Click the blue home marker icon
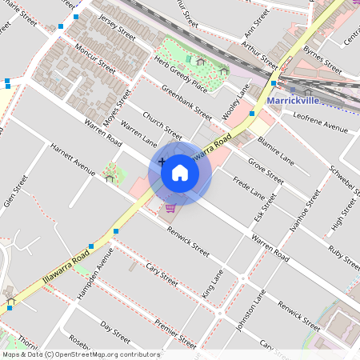click(179, 172)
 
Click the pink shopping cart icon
click(170, 208)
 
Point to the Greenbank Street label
click(186, 102)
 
